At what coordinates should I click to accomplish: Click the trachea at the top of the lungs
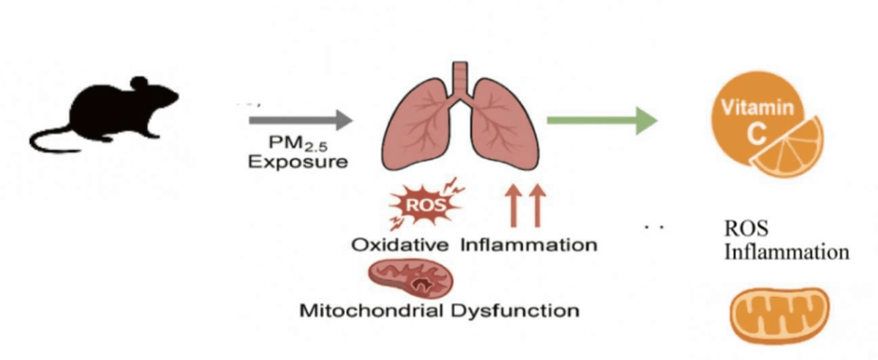pyautogui.click(x=459, y=78)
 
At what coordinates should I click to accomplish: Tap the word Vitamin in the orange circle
pyautogui.click(x=757, y=109)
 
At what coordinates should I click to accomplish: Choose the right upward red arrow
pyautogui.click(x=537, y=206)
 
